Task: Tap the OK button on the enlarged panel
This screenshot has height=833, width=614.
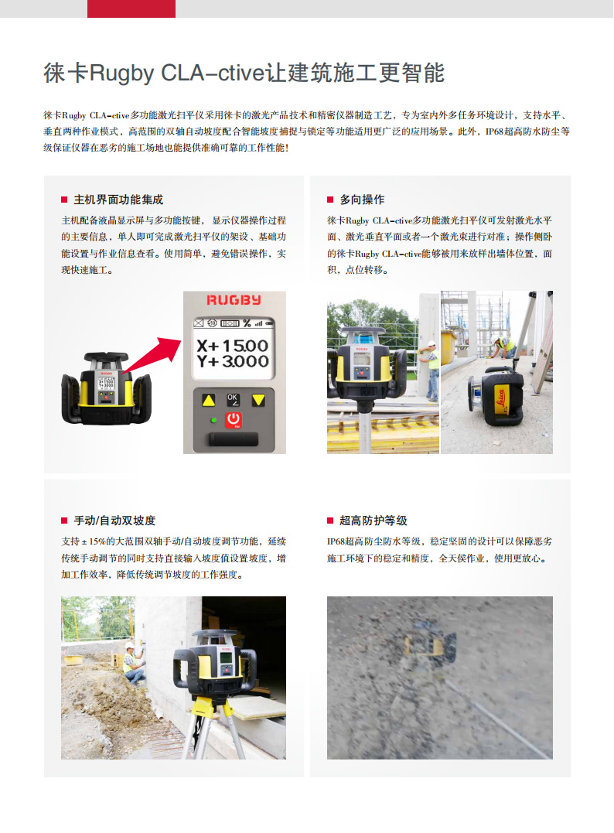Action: [x=234, y=399]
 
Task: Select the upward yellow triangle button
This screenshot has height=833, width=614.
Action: [x=208, y=401]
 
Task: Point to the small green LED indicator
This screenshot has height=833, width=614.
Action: [x=213, y=420]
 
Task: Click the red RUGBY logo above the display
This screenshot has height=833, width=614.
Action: [x=234, y=300]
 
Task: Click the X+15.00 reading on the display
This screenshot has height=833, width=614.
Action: [x=232, y=346]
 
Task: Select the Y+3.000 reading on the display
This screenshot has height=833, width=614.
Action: [x=232, y=361]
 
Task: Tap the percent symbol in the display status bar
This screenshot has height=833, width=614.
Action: [x=247, y=323]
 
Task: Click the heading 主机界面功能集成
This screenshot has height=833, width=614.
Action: [x=118, y=200]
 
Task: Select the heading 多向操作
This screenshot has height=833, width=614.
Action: [x=362, y=200]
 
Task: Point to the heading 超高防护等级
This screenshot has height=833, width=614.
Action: [x=373, y=521]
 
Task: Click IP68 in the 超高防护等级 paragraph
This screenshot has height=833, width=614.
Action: [x=336, y=541]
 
